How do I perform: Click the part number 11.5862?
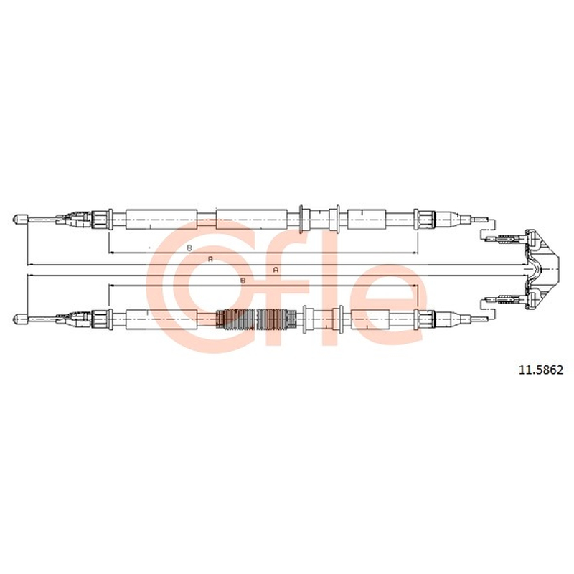(541, 370)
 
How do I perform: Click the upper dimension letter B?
(189, 248)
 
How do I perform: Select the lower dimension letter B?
(243, 281)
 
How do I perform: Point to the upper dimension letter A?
(210, 259)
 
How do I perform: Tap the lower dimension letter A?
(276, 270)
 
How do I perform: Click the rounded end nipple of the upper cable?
(20, 220)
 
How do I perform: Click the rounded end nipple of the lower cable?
(20, 319)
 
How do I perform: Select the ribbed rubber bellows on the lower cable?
(256, 319)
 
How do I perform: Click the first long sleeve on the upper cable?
(161, 220)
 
